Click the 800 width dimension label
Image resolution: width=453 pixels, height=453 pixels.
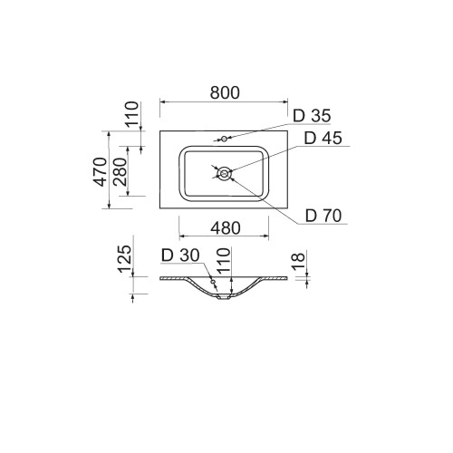(x=225, y=92)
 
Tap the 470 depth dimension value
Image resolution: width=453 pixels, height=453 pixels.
(x=101, y=172)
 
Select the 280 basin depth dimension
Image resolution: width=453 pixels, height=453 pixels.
(x=120, y=171)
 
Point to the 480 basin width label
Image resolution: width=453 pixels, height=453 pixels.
(x=226, y=228)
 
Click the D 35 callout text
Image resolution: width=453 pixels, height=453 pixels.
(x=312, y=116)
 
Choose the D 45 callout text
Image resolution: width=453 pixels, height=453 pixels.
(x=323, y=139)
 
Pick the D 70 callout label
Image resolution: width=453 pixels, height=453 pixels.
(x=323, y=216)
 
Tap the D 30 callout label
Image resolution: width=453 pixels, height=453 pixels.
(x=180, y=255)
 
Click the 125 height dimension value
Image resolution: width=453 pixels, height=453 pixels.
(x=125, y=259)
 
